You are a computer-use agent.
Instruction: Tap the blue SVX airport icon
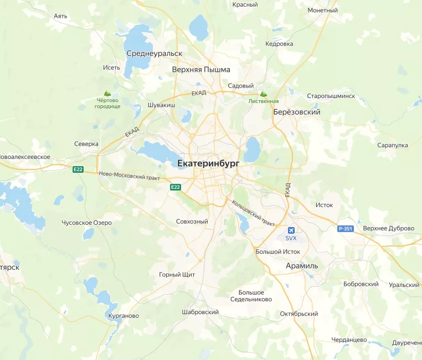tap(291, 230)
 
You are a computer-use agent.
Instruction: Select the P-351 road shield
tap(345, 228)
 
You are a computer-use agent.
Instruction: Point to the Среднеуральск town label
tap(154, 53)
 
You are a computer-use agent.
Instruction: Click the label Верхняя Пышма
tap(200, 70)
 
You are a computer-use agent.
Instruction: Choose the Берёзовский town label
tap(297, 112)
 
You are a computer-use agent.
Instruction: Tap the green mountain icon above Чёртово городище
tap(107, 94)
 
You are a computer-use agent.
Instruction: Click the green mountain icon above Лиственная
tap(264, 94)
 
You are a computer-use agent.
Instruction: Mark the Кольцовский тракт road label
tap(254, 212)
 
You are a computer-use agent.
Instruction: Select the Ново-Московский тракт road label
tap(129, 176)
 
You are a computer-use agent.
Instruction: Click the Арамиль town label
tap(302, 266)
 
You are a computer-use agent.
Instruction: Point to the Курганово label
tap(121, 316)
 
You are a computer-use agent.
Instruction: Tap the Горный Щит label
tap(177, 275)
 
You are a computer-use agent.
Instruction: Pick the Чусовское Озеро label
tap(86, 223)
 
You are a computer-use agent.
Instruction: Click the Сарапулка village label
tap(392, 145)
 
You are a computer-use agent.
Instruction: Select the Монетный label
tap(322, 10)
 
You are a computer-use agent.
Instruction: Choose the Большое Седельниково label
tap(251, 296)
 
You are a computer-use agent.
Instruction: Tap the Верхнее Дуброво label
tap(388, 228)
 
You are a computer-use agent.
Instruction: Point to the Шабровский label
tap(200, 312)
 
